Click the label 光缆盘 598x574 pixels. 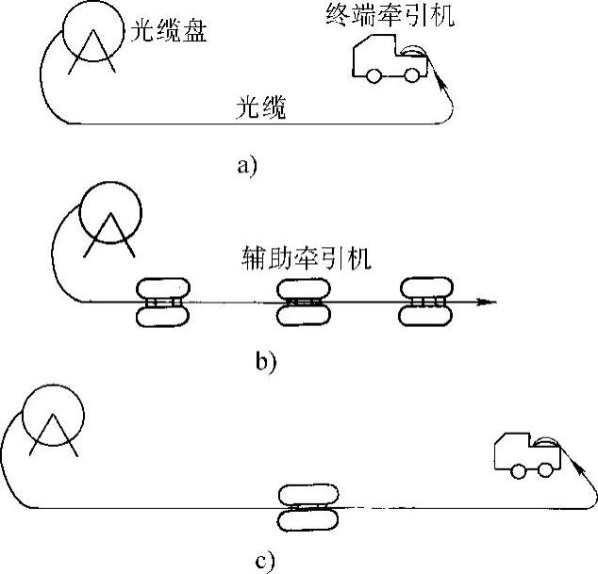169,30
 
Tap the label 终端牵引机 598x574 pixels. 390,16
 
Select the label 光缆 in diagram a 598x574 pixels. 261,107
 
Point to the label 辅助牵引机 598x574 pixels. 307,258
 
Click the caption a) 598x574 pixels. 247,166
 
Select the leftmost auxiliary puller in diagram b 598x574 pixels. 163,303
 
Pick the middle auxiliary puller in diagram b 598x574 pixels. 303,303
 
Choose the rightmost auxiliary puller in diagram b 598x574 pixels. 426,302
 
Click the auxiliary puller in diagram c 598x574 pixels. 308,508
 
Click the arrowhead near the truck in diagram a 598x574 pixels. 441,83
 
